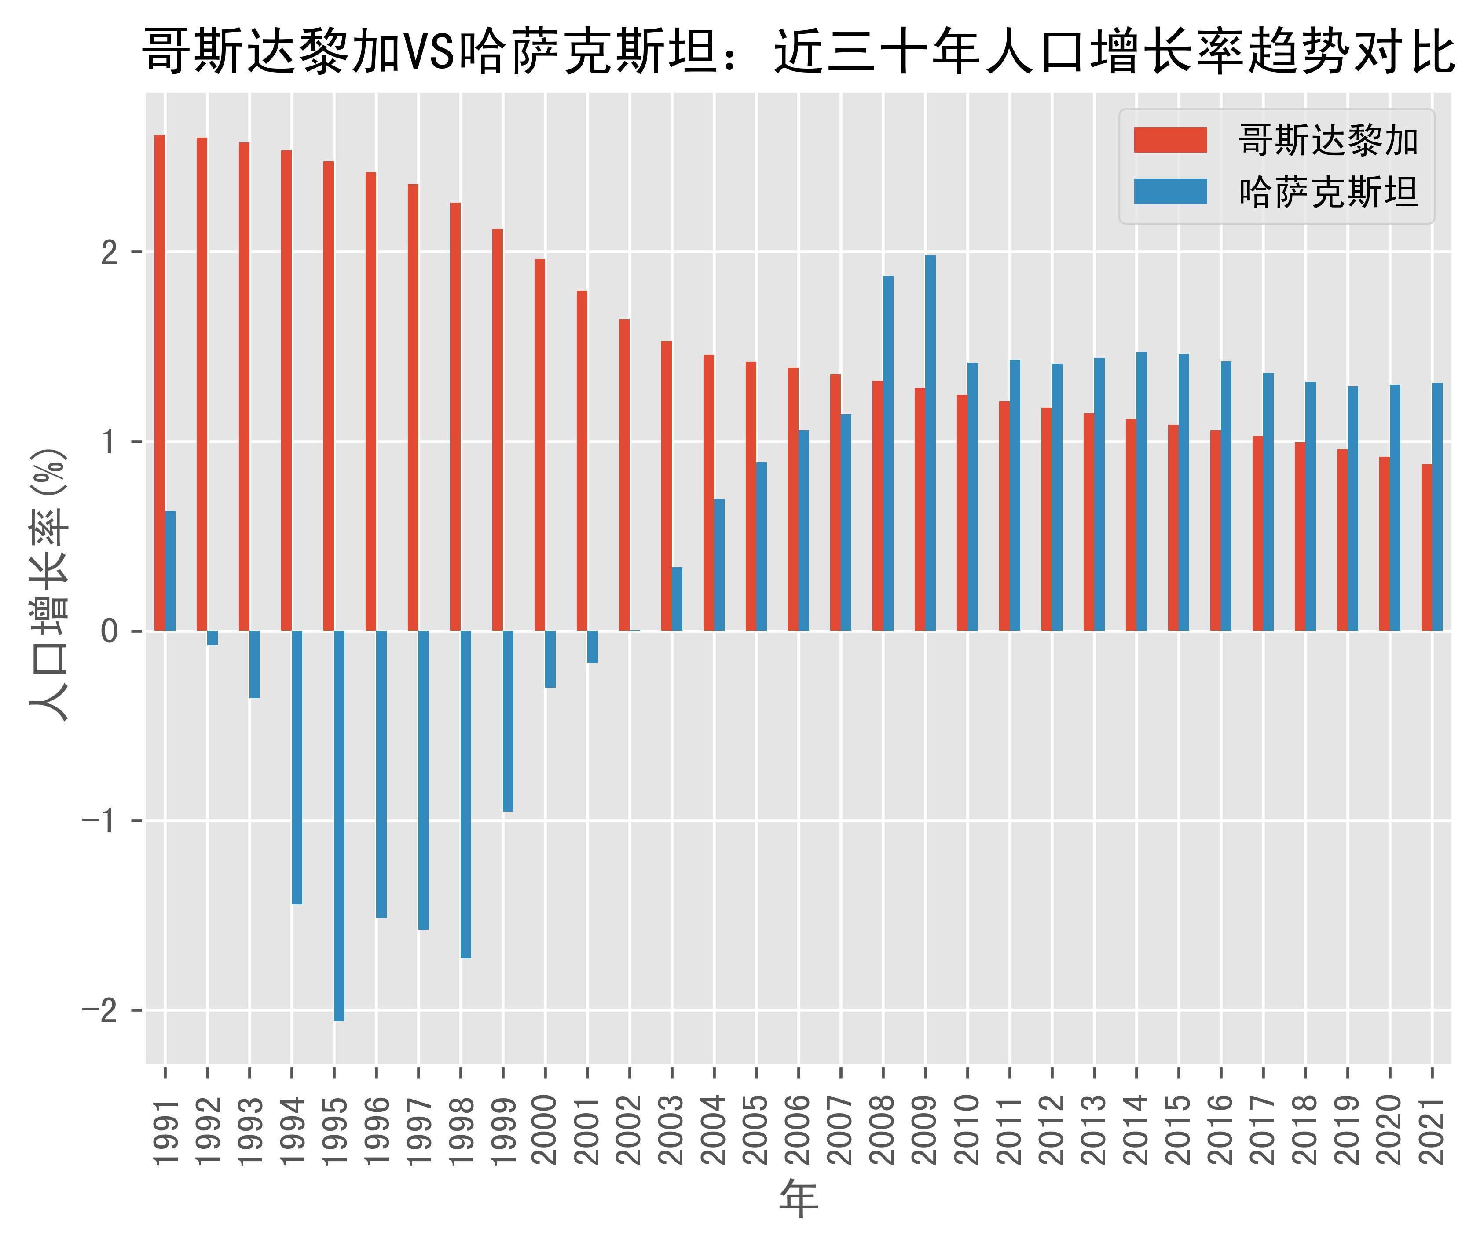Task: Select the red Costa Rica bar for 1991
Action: click(x=160, y=382)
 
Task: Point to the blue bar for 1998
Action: click(x=465, y=794)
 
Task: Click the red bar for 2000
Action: click(x=540, y=444)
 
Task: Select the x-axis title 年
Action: click(x=799, y=1199)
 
